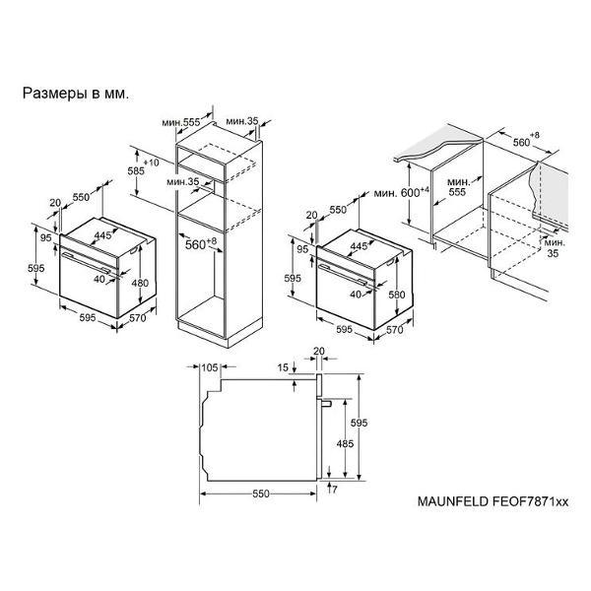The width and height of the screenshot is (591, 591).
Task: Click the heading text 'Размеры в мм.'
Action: click(76, 94)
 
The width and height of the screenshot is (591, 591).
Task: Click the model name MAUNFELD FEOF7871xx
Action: click(492, 501)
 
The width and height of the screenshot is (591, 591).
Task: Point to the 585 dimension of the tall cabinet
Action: click(136, 171)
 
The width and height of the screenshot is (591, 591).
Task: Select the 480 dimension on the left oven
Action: click(140, 283)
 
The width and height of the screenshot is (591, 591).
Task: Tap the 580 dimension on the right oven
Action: click(397, 295)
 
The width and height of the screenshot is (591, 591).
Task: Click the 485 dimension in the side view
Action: click(345, 443)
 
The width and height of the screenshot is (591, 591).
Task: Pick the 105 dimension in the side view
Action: click(210, 367)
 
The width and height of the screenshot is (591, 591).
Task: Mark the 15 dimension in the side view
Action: click(283, 367)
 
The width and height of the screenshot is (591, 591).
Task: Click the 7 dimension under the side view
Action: click(334, 490)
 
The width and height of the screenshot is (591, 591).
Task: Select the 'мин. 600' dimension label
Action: click(401, 192)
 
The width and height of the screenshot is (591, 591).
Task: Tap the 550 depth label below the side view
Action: click(261, 493)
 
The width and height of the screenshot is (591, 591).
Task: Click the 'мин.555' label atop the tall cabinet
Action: click(181, 122)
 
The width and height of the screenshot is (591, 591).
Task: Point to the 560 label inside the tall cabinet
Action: click(201, 243)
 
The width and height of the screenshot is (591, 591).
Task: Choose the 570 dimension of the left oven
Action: click(138, 318)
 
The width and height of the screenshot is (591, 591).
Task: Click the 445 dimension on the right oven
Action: click(359, 246)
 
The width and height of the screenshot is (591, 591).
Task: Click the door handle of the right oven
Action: click(343, 274)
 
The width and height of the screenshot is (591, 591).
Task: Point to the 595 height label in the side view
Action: click(359, 423)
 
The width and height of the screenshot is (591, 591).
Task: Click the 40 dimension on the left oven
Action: click(99, 280)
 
